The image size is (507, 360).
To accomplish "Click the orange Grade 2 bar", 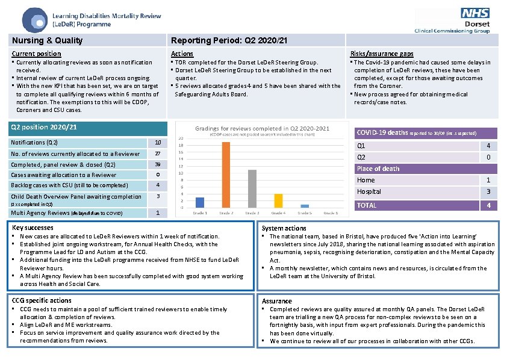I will click(226, 175).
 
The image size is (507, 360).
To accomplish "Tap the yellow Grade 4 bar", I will click(278, 200).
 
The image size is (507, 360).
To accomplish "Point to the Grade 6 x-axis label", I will click(331, 213).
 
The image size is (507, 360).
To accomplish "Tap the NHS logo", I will click(475, 13).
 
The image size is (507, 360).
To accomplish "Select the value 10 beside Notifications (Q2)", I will click(158, 143).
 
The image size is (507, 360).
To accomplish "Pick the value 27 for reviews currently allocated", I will click(158, 154).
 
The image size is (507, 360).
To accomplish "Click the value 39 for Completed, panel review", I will click(158, 165).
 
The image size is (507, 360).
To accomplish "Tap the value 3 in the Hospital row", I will click(488, 192).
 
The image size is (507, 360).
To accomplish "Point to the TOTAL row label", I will click(367, 205).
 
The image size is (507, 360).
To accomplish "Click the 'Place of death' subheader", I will click(378, 169).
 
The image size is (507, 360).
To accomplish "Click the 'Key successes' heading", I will click(33, 228).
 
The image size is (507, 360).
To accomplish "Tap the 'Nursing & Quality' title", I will click(48, 40).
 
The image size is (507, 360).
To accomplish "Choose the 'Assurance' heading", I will click(277, 301).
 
